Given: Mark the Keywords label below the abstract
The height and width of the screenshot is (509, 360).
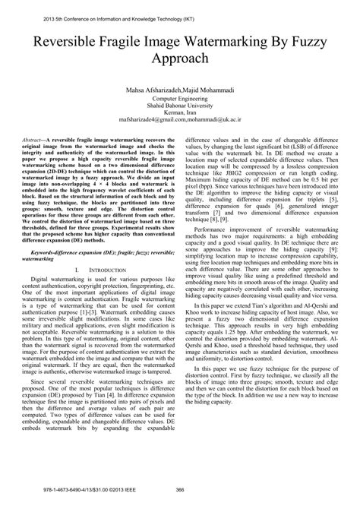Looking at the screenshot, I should click(x=58, y=289).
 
